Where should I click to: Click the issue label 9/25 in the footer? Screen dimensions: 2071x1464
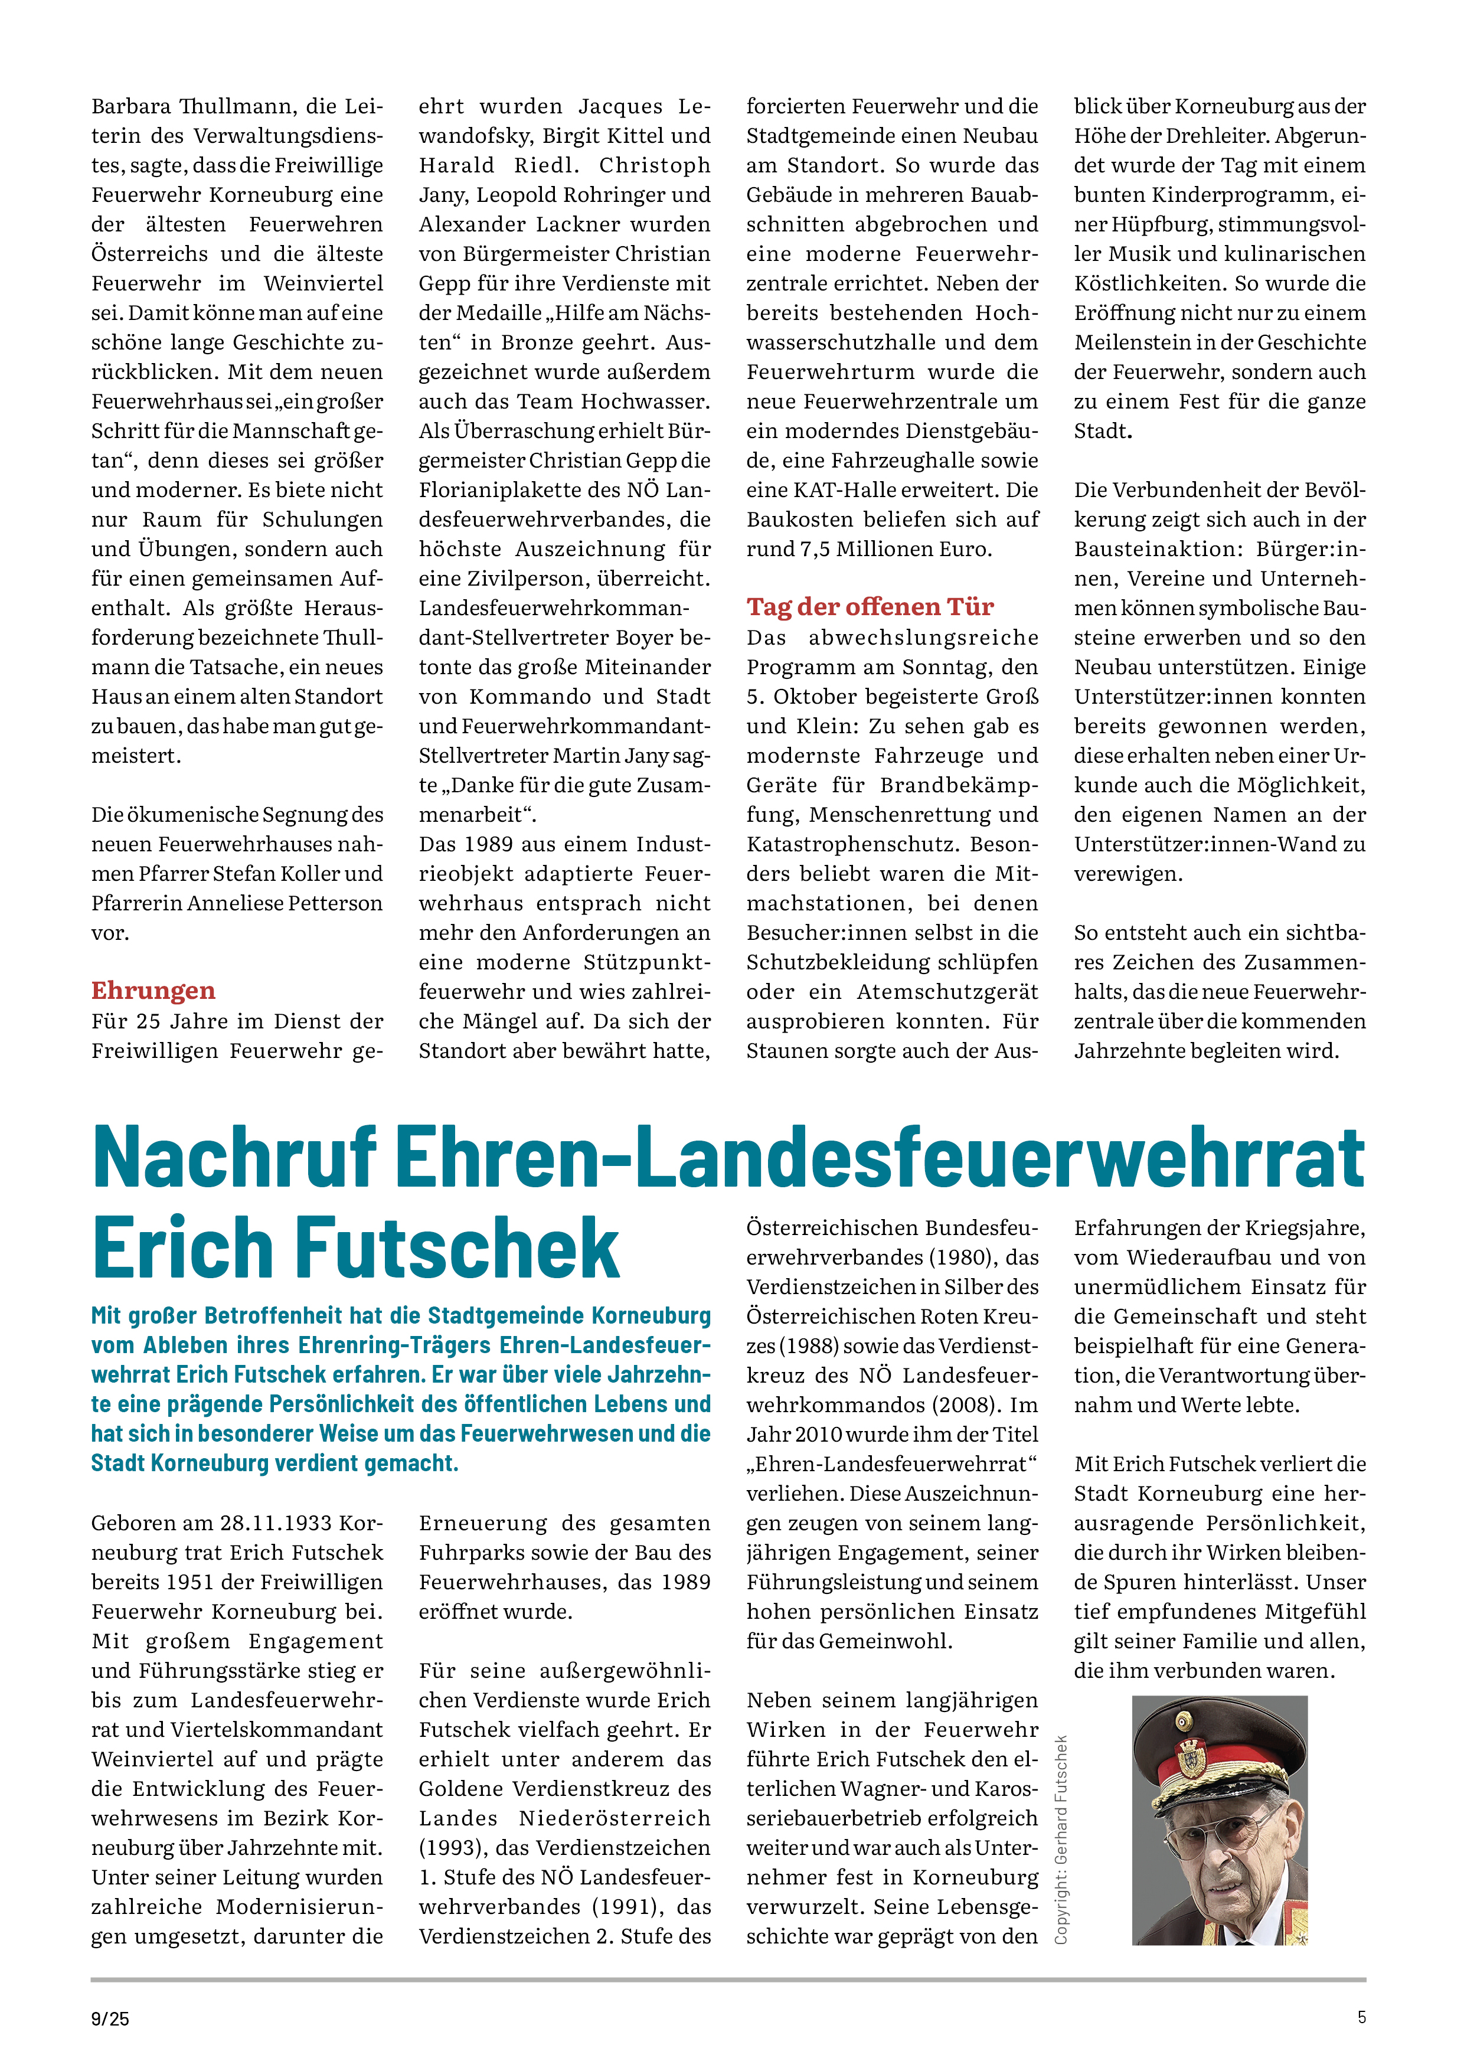[110, 2018]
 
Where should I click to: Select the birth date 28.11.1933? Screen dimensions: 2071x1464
[276, 1524]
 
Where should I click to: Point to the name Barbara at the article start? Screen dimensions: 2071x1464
[131, 106]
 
